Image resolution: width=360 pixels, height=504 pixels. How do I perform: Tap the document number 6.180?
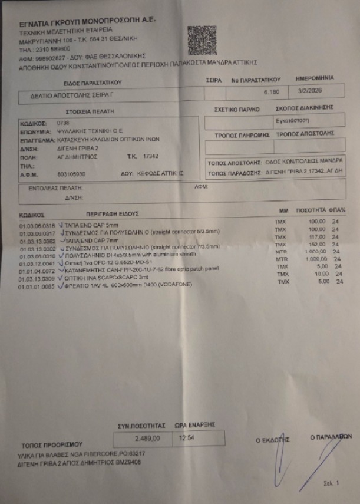[271, 93]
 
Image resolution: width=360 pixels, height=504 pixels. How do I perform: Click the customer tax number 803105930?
[71, 174]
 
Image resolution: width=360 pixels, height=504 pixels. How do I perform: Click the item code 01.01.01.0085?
[37, 287]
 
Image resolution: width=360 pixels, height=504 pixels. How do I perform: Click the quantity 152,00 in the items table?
[317, 244]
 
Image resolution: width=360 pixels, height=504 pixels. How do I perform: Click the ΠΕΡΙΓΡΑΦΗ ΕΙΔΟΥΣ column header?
[112, 213]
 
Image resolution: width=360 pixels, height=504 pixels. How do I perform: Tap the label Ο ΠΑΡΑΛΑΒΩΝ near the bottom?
[331, 437]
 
